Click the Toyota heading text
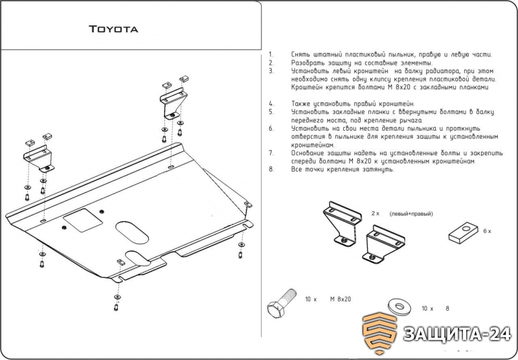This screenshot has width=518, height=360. [113, 29]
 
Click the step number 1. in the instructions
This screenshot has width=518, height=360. [271, 54]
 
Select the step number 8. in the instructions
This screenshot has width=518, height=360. [271, 170]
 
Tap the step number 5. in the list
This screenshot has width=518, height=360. [271, 111]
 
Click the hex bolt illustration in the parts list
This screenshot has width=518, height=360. [281, 303]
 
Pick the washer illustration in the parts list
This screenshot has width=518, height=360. [400, 306]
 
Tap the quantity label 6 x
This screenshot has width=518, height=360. [487, 231]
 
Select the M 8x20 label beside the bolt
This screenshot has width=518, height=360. [341, 299]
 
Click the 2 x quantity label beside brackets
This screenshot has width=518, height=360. [376, 214]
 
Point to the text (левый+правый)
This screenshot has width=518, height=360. [411, 214]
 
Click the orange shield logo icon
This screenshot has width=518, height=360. [379, 333]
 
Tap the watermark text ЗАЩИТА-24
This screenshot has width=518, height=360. [457, 334]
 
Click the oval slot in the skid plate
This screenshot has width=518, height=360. [132, 232]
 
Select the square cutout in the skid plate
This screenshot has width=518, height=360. [83, 220]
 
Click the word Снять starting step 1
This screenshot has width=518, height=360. [300, 54]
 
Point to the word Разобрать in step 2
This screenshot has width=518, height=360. [306, 63]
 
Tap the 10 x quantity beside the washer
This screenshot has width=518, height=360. [427, 308]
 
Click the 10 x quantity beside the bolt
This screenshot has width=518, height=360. [311, 299]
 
